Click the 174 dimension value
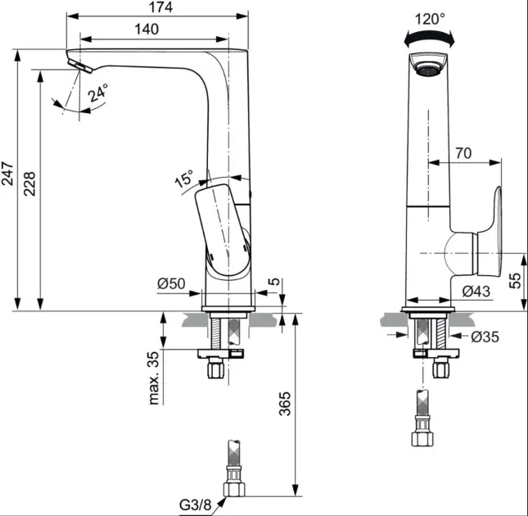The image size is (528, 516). click(156, 8)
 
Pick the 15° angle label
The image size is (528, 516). click(183, 178)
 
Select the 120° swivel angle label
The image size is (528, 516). click(431, 17)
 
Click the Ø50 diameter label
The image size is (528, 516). click(172, 284)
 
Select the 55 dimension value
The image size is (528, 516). click(516, 281)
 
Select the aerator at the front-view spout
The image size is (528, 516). click(428, 67)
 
